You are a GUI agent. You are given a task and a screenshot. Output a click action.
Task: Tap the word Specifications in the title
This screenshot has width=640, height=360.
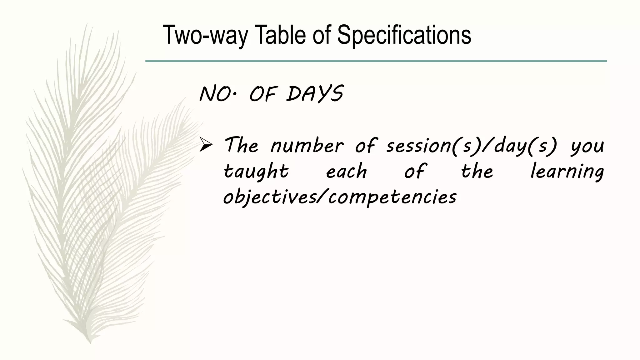click(x=404, y=35)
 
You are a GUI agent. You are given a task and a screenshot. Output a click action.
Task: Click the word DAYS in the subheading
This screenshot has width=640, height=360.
click(x=315, y=94)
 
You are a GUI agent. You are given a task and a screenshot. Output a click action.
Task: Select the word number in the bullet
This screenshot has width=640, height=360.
click(x=307, y=146)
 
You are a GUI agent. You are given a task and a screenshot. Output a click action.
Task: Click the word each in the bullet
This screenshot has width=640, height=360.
click(x=346, y=172)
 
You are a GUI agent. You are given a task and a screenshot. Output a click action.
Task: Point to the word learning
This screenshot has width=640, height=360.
click(x=567, y=172)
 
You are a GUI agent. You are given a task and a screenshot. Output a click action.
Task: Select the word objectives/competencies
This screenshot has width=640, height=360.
click(x=340, y=197)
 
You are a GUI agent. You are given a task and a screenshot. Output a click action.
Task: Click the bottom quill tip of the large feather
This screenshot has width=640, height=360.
click(x=90, y=341)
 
